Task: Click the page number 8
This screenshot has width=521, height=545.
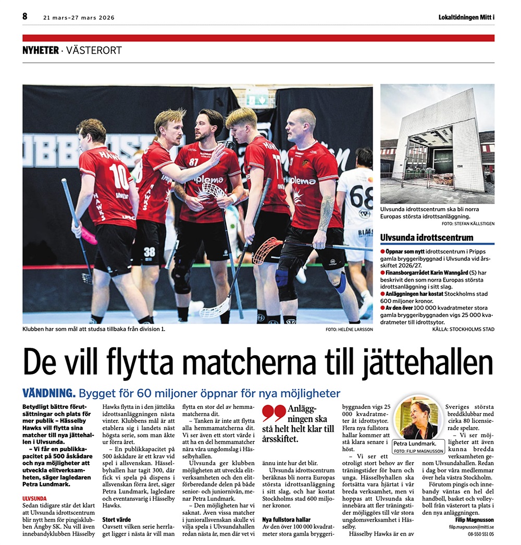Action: (x=24, y=17)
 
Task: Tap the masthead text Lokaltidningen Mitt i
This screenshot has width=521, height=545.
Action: (x=466, y=17)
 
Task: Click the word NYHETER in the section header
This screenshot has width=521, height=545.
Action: (x=40, y=51)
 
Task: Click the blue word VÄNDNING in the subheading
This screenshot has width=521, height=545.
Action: (x=49, y=393)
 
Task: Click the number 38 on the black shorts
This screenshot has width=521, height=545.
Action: (x=149, y=252)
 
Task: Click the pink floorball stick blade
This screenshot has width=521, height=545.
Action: (x=88, y=236)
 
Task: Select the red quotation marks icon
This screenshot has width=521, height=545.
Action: (x=274, y=414)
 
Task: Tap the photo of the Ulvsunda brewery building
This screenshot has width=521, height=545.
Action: (x=437, y=143)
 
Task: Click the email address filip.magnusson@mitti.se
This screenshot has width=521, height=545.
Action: (x=471, y=528)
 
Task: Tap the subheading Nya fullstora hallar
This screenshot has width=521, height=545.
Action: (x=287, y=519)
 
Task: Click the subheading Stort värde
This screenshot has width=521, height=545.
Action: (x=116, y=519)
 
